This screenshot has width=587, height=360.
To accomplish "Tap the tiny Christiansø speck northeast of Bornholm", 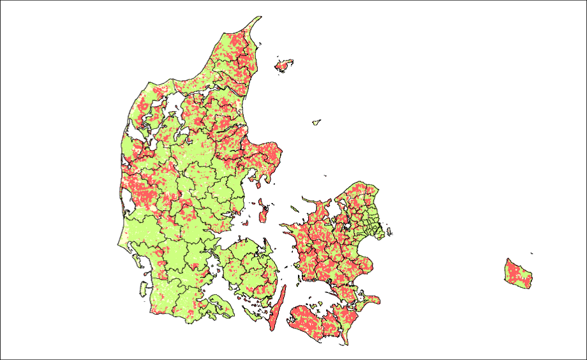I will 531,253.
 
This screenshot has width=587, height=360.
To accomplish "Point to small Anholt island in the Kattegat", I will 316,121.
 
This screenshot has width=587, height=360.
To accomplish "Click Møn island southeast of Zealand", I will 370,299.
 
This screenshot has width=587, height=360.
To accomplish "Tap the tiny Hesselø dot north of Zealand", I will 325,176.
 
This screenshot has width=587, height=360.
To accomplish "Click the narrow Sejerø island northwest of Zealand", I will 294,208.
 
